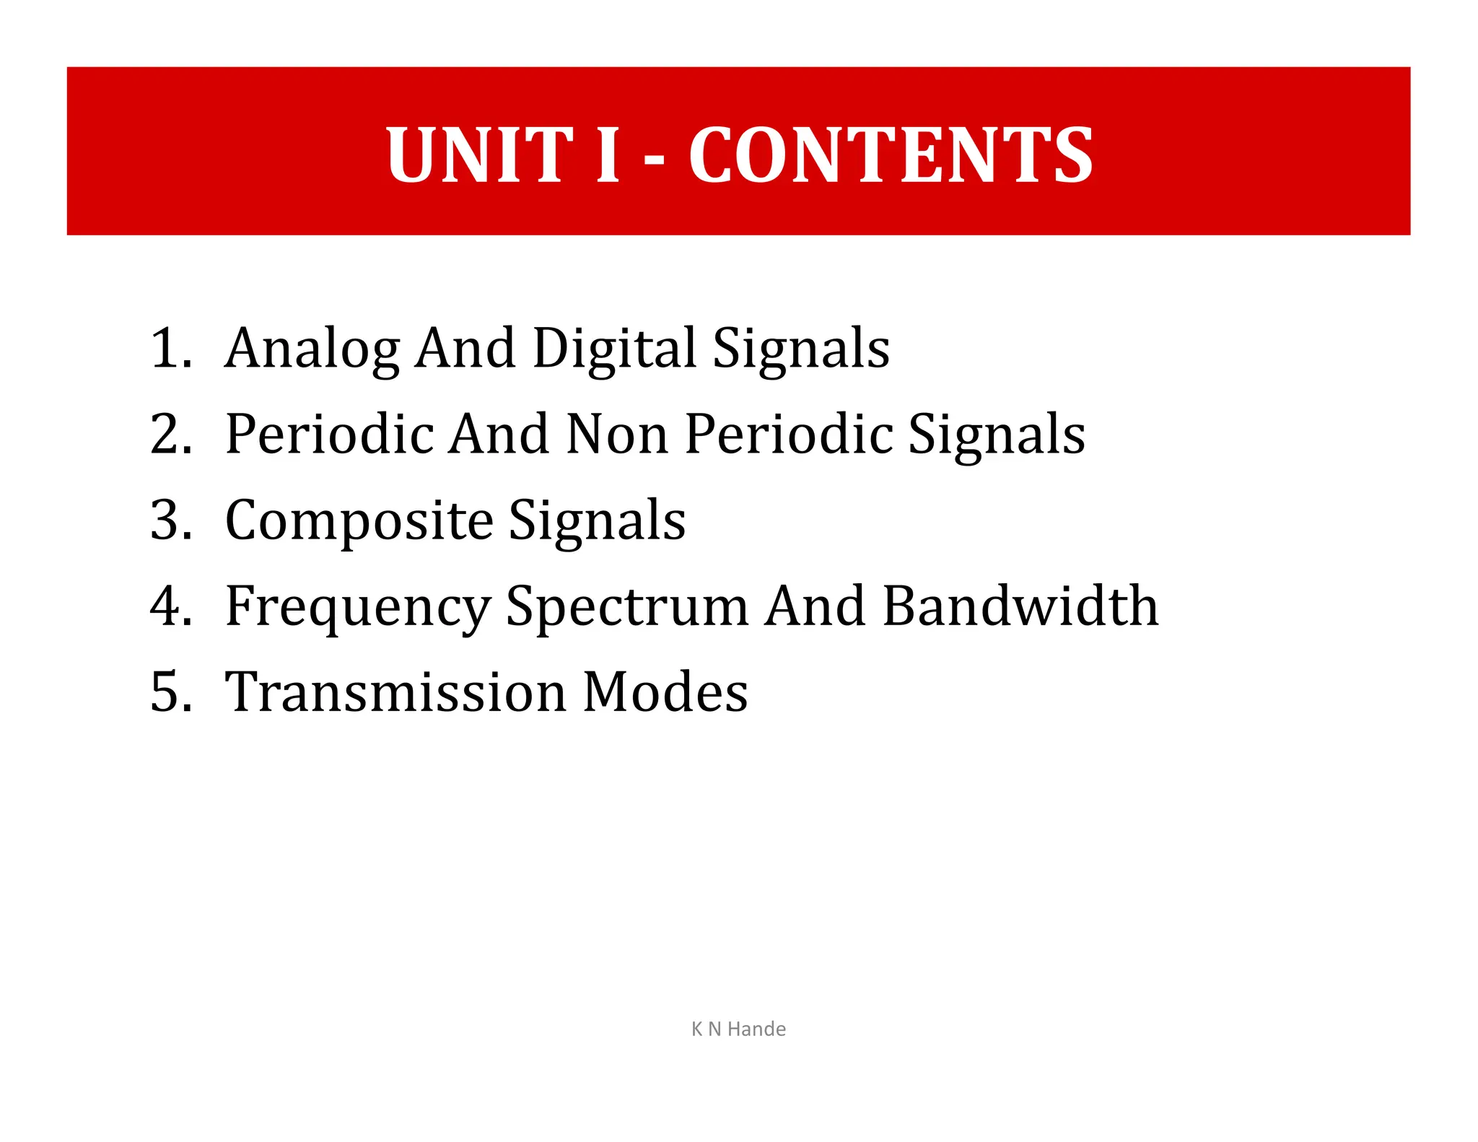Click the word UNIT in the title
coord(479,154)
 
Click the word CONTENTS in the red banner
coord(891,154)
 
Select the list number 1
coord(170,349)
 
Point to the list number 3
coord(170,520)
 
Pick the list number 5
coord(170,692)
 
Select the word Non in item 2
coord(617,435)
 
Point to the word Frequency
coord(358,607)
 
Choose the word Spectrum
coord(627,607)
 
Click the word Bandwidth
coord(1020,606)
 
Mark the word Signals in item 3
coord(598,521)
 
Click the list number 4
coord(170,606)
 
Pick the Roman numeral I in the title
coord(608,154)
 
